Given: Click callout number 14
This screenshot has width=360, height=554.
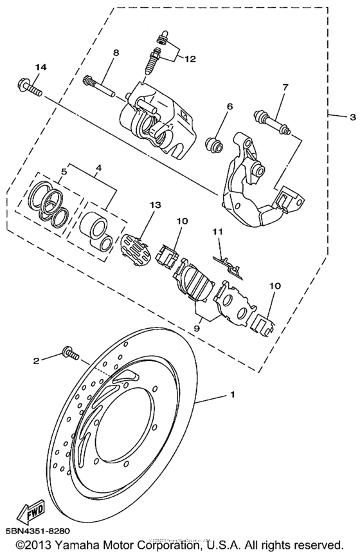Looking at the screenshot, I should (40, 67).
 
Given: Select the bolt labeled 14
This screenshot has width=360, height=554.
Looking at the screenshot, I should (33, 88).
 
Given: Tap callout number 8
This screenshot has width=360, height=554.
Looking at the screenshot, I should (116, 53).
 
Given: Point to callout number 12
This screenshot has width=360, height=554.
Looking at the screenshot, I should (189, 59).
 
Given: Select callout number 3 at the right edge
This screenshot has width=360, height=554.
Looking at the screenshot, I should (352, 118).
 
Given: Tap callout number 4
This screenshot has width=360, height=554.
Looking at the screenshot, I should (98, 169).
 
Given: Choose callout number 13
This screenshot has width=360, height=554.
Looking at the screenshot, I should (153, 204).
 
